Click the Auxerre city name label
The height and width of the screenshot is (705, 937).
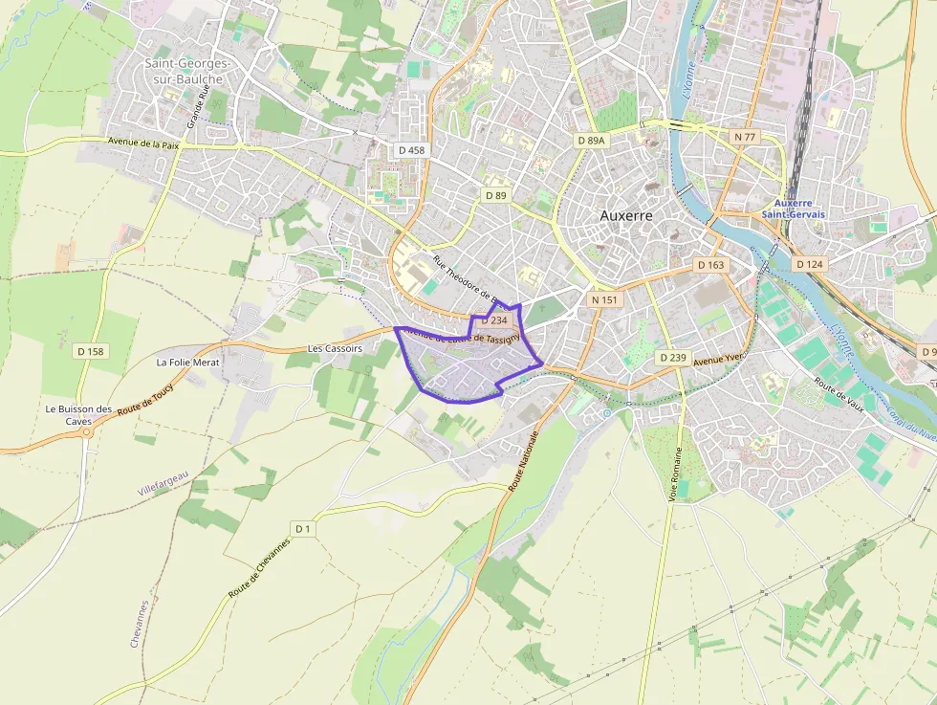pos(626,215)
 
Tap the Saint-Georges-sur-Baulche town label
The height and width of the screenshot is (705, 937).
pos(185,71)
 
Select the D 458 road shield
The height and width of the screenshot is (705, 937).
pos(410,150)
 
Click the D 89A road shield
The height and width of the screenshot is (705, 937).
pos(592,140)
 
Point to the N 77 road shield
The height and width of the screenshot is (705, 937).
pos(745,137)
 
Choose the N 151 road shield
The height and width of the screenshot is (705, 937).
pos(605,299)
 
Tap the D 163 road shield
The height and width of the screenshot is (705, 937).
pos(710,264)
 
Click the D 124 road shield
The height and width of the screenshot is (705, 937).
pos(809,264)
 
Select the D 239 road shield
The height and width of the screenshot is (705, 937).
pos(673,357)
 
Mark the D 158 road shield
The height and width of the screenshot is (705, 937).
pos(90,351)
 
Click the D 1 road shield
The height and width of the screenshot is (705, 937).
pos(303,528)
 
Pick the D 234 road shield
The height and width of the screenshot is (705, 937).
pos(493,320)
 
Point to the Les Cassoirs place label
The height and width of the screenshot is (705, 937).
pos(335,349)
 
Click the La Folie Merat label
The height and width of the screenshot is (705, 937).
pos(188,363)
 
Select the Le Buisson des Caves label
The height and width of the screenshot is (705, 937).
pos(78,415)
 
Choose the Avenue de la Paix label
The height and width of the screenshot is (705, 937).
pos(143,143)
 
